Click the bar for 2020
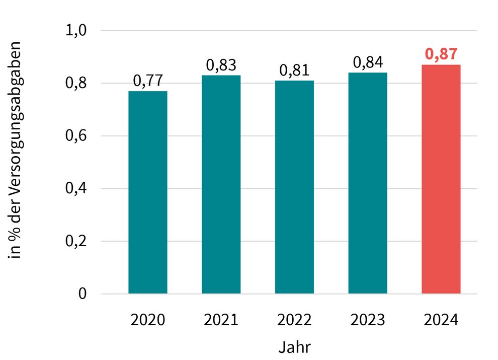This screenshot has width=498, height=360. (x=148, y=192)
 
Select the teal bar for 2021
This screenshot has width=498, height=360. (x=221, y=184)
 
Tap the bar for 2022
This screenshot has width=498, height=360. (x=294, y=187)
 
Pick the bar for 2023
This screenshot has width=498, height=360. (x=368, y=183)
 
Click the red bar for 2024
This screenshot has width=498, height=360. (x=441, y=179)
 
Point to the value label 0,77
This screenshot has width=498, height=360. (x=148, y=81)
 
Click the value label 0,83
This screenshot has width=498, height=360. (x=221, y=65)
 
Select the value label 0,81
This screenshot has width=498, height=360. (x=294, y=70)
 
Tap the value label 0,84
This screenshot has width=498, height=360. (x=368, y=62)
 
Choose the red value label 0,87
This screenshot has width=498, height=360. (x=441, y=54)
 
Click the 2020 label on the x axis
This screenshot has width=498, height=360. (x=148, y=320)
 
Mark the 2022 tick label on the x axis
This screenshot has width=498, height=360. (x=294, y=320)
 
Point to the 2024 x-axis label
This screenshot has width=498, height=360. (x=441, y=320)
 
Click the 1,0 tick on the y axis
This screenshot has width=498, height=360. (x=76, y=31)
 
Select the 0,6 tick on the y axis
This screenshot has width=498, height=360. (x=76, y=136)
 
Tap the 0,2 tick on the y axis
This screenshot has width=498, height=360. (x=76, y=242)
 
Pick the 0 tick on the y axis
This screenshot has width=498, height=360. (x=82, y=294)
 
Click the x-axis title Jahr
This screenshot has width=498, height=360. (x=294, y=347)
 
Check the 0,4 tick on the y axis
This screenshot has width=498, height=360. (x=76, y=189)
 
